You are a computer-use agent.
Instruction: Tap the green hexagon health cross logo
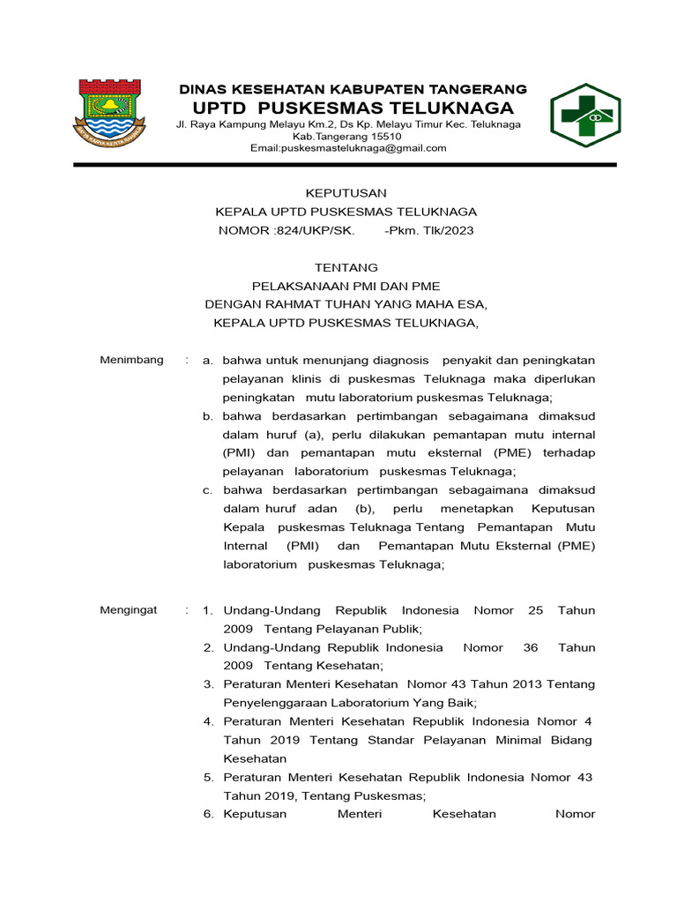(x=585, y=116)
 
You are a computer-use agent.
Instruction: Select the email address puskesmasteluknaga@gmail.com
(x=348, y=148)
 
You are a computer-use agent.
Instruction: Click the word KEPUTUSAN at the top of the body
(x=346, y=193)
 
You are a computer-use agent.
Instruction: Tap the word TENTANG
(x=346, y=267)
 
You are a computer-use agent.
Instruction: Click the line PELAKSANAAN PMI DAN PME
(x=346, y=286)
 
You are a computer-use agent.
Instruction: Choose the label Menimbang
(x=131, y=360)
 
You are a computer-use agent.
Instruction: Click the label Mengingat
(x=129, y=609)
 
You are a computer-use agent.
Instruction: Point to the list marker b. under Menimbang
(x=208, y=416)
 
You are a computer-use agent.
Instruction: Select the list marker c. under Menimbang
(x=208, y=489)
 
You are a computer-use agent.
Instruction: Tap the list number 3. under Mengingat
(x=209, y=683)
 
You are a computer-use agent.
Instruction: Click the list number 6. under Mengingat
(x=209, y=814)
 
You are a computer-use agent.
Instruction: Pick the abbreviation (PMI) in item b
(x=241, y=453)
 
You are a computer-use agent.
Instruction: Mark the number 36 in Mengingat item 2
(x=530, y=647)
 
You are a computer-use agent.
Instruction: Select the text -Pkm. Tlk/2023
(x=429, y=230)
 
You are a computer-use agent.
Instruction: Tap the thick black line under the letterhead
(x=346, y=165)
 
